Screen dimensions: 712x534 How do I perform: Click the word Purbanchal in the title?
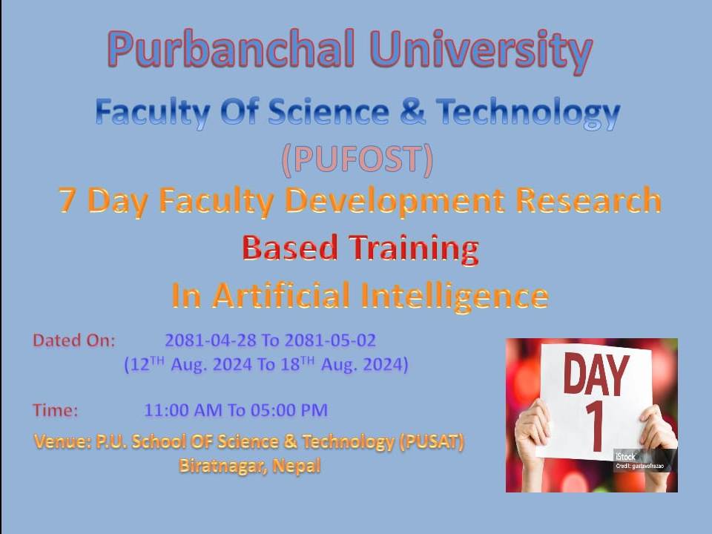(x=231, y=49)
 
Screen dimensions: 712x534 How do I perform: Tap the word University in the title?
(x=482, y=52)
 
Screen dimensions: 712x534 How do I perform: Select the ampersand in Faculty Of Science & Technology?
(x=412, y=111)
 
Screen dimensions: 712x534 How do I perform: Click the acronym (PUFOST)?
(x=357, y=160)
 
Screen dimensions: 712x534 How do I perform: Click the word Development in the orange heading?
(x=395, y=200)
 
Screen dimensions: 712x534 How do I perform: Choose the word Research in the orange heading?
(x=588, y=200)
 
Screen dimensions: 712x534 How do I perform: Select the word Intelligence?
(x=455, y=297)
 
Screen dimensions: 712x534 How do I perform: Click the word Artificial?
(x=281, y=295)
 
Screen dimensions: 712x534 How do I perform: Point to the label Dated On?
(x=74, y=340)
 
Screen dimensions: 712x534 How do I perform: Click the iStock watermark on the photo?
(x=625, y=456)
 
